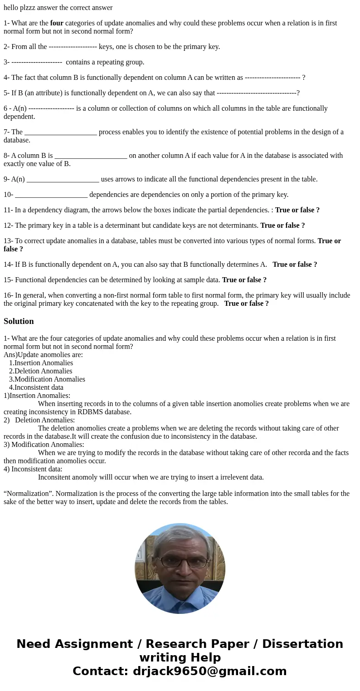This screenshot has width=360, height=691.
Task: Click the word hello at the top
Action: (x=12, y=8)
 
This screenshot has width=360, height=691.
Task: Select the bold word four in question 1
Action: (x=57, y=23)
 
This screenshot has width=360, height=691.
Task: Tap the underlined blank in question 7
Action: (x=60, y=132)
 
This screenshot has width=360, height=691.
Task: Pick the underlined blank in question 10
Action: (x=51, y=195)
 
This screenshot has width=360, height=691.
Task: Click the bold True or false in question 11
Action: (x=297, y=210)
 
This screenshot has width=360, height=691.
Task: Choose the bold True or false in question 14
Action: (x=295, y=265)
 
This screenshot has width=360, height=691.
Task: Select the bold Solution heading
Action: (x=19, y=321)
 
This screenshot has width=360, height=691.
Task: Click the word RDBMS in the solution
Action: (x=90, y=412)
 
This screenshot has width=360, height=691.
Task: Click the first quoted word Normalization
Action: (x=28, y=494)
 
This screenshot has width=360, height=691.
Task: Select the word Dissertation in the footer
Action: (x=302, y=644)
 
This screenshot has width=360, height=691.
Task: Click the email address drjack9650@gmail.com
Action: (x=209, y=671)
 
